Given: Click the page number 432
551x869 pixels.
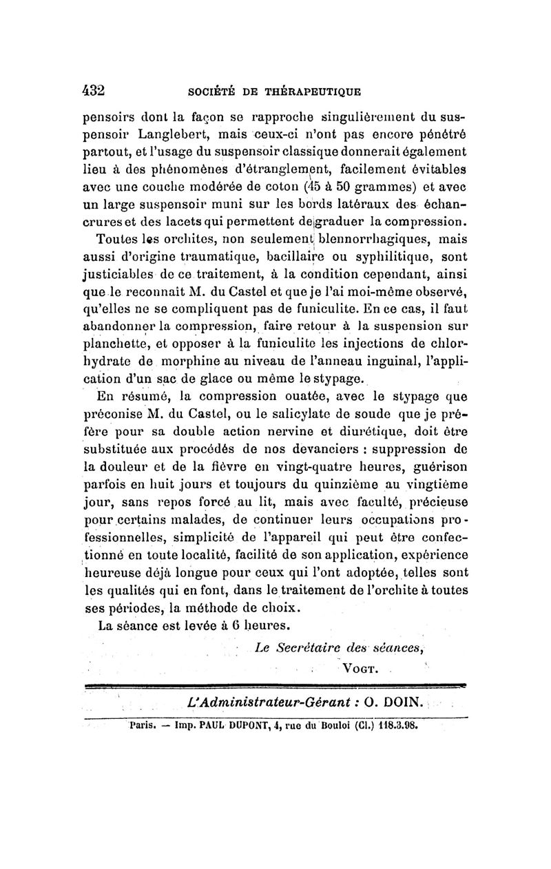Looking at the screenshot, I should pyautogui.click(x=93, y=90).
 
